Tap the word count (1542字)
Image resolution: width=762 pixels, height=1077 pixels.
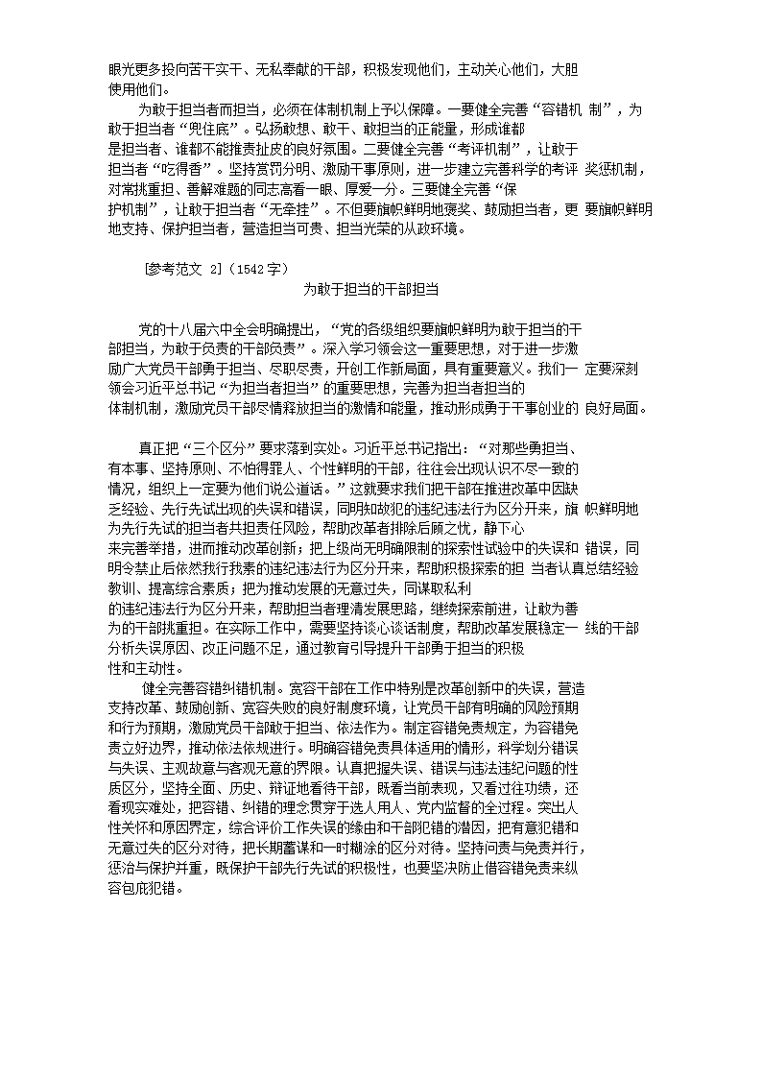pyautogui.click(x=254, y=269)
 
